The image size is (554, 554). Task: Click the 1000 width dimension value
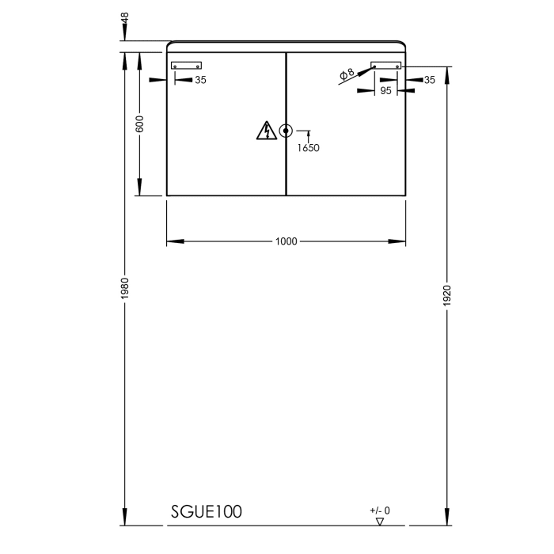pyautogui.click(x=286, y=241)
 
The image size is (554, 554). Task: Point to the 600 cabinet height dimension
pyautogui.click(x=140, y=124)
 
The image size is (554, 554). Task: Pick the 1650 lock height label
pyautogui.click(x=309, y=147)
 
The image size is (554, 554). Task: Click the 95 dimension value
pyautogui.click(x=385, y=91)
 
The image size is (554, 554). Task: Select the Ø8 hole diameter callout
pyautogui.click(x=347, y=75)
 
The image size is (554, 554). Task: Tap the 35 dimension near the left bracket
pyautogui.click(x=200, y=80)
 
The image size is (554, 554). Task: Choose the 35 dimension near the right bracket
pyautogui.click(x=429, y=80)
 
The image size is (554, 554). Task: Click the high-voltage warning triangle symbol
pyautogui.click(x=267, y=131)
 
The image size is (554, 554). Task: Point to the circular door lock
pyautogui.click(x=286, y=131)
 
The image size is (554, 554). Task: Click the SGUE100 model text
pyautogui.click(x=207, y=512)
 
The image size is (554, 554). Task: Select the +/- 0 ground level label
pyautogui.click(x=380, y=510)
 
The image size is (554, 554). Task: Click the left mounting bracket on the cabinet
pyautogui.click(x=187, y=66)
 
